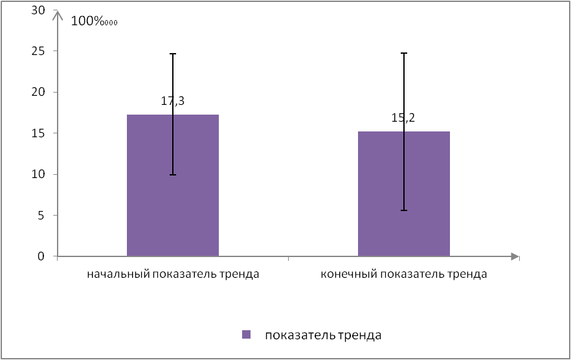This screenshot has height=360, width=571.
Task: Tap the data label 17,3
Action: point(173,101)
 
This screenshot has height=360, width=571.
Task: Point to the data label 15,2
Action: point(404,118)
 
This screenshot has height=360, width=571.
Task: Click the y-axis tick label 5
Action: point(41,216)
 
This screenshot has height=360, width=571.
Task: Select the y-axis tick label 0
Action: point(41,256)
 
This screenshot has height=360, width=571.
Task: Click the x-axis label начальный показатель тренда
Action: point(173,274)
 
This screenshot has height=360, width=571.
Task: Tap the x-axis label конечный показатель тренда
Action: point(403,274)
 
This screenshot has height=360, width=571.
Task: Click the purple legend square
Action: point(246,335)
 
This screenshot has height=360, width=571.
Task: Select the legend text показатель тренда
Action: point(322,335)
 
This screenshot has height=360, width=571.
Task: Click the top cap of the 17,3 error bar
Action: point(173,54)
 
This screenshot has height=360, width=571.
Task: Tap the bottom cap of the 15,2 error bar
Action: point(404,210)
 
